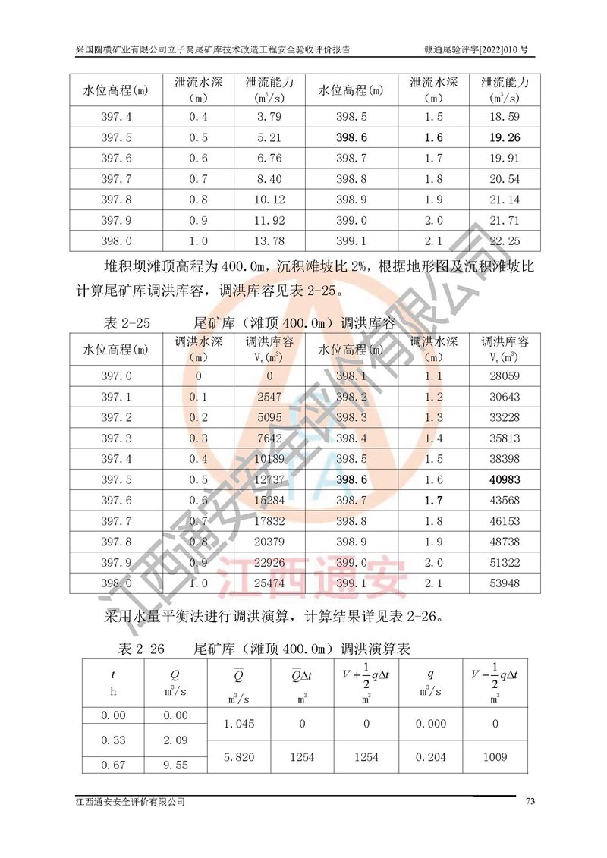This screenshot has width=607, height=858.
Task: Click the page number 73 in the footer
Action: coord(531,802)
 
